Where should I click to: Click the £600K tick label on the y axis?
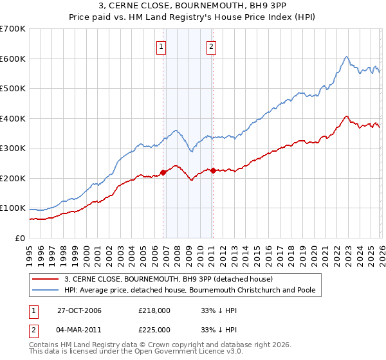(x=12, y=59)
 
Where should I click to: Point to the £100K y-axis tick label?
(x=12, y=208)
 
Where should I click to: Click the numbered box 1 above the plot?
(x=161, y=46)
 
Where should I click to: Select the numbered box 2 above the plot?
(x=211, y=46)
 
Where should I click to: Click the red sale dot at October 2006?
(x=163, y=172)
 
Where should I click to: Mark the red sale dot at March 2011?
(x=212, y=170)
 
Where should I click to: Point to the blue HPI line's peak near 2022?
(x=346, y=57)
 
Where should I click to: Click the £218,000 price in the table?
(x=154, y=310)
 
